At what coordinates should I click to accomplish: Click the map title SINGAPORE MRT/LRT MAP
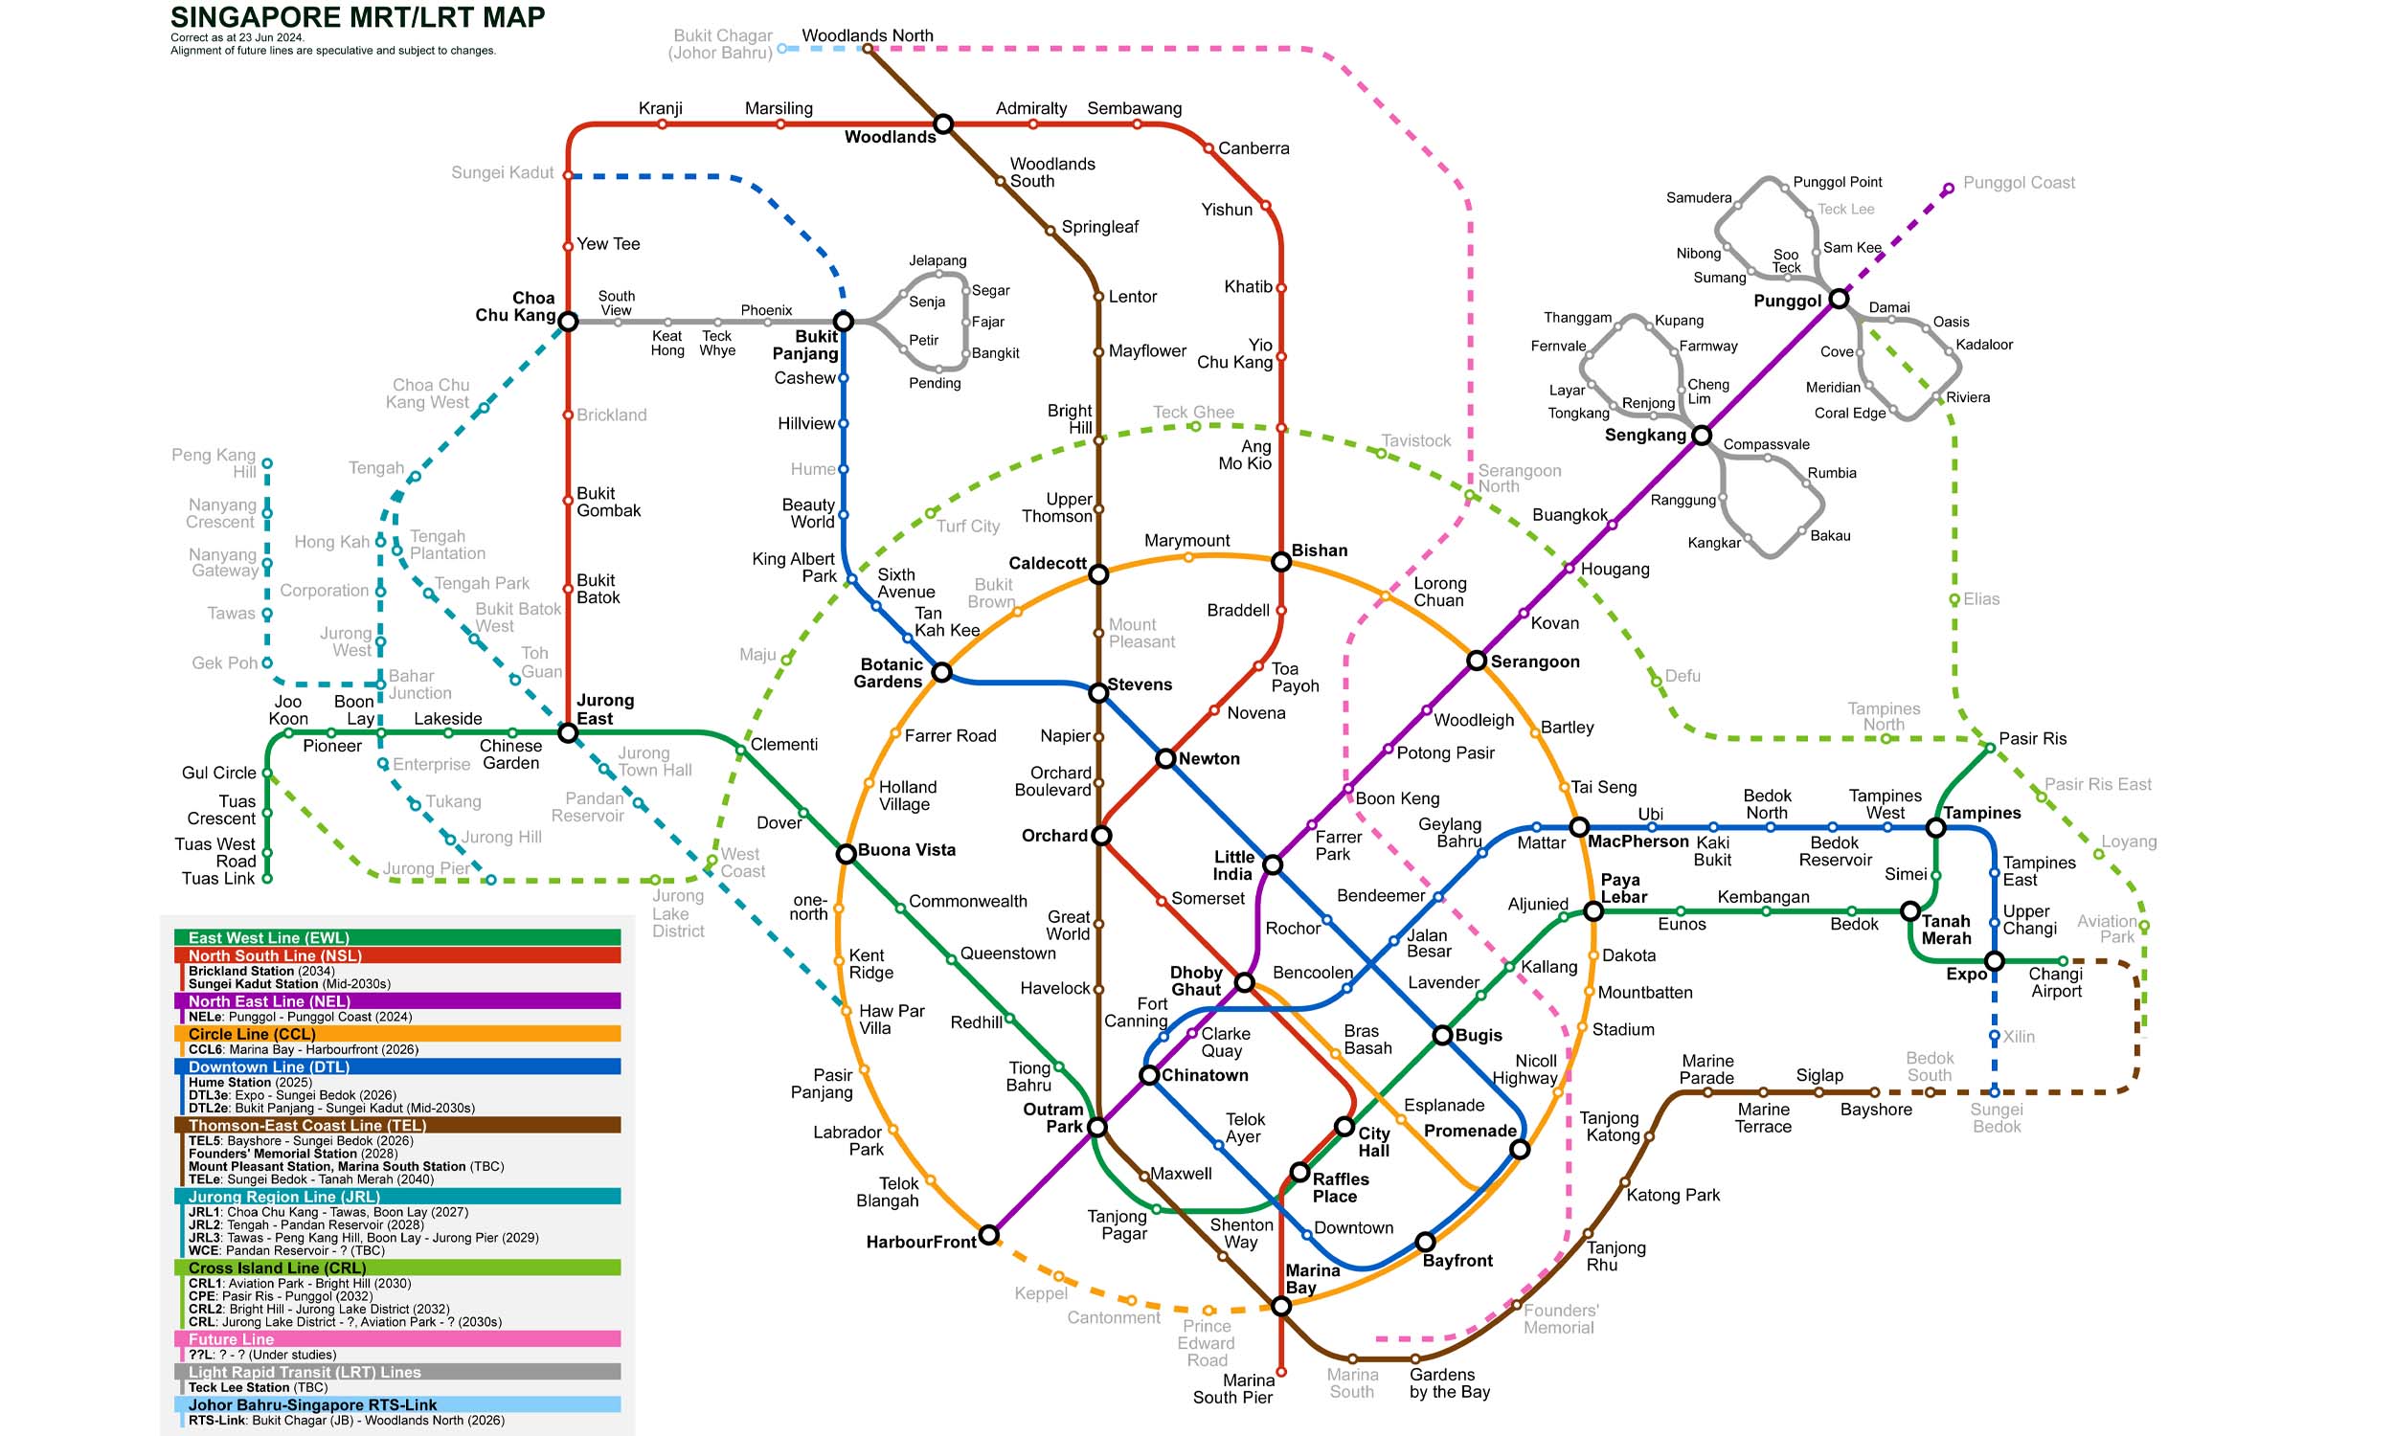click(x=357, y=17)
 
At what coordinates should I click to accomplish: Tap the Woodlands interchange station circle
click(x=943, y=123)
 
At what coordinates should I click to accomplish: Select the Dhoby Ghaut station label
click(x=1196, y=980)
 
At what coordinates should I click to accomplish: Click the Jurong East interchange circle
click(x=568, y=733)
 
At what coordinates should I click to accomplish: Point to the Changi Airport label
click(x=2055, y=982)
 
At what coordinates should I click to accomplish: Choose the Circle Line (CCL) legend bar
click(x=396, y=1034)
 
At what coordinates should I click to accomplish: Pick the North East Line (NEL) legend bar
click(x=396, y=1000)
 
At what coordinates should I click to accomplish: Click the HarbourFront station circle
click(x=988, y=1235)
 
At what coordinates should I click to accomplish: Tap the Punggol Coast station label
click(x=2019, y=183)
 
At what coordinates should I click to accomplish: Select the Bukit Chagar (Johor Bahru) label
click(x=721, y=43)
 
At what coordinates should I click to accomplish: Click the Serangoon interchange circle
click(x=1476, y=661)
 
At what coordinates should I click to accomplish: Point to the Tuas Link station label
click(x=217, y=879)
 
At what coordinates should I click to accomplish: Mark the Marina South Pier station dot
click(x=1281, y=1371)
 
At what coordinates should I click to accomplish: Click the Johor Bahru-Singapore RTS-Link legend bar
click(x=396, y=1404)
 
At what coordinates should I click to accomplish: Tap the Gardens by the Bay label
click(x=1449, y=1382)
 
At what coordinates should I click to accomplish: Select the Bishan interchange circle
click(x=1281, y=562)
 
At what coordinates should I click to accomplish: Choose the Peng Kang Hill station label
click(x=214, y=462)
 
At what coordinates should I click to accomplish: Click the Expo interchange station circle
click(x=1995, y=961)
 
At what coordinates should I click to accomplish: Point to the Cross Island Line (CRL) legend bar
click(x=396, y=1268)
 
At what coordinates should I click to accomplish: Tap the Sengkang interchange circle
click(x=1701, y=436)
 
